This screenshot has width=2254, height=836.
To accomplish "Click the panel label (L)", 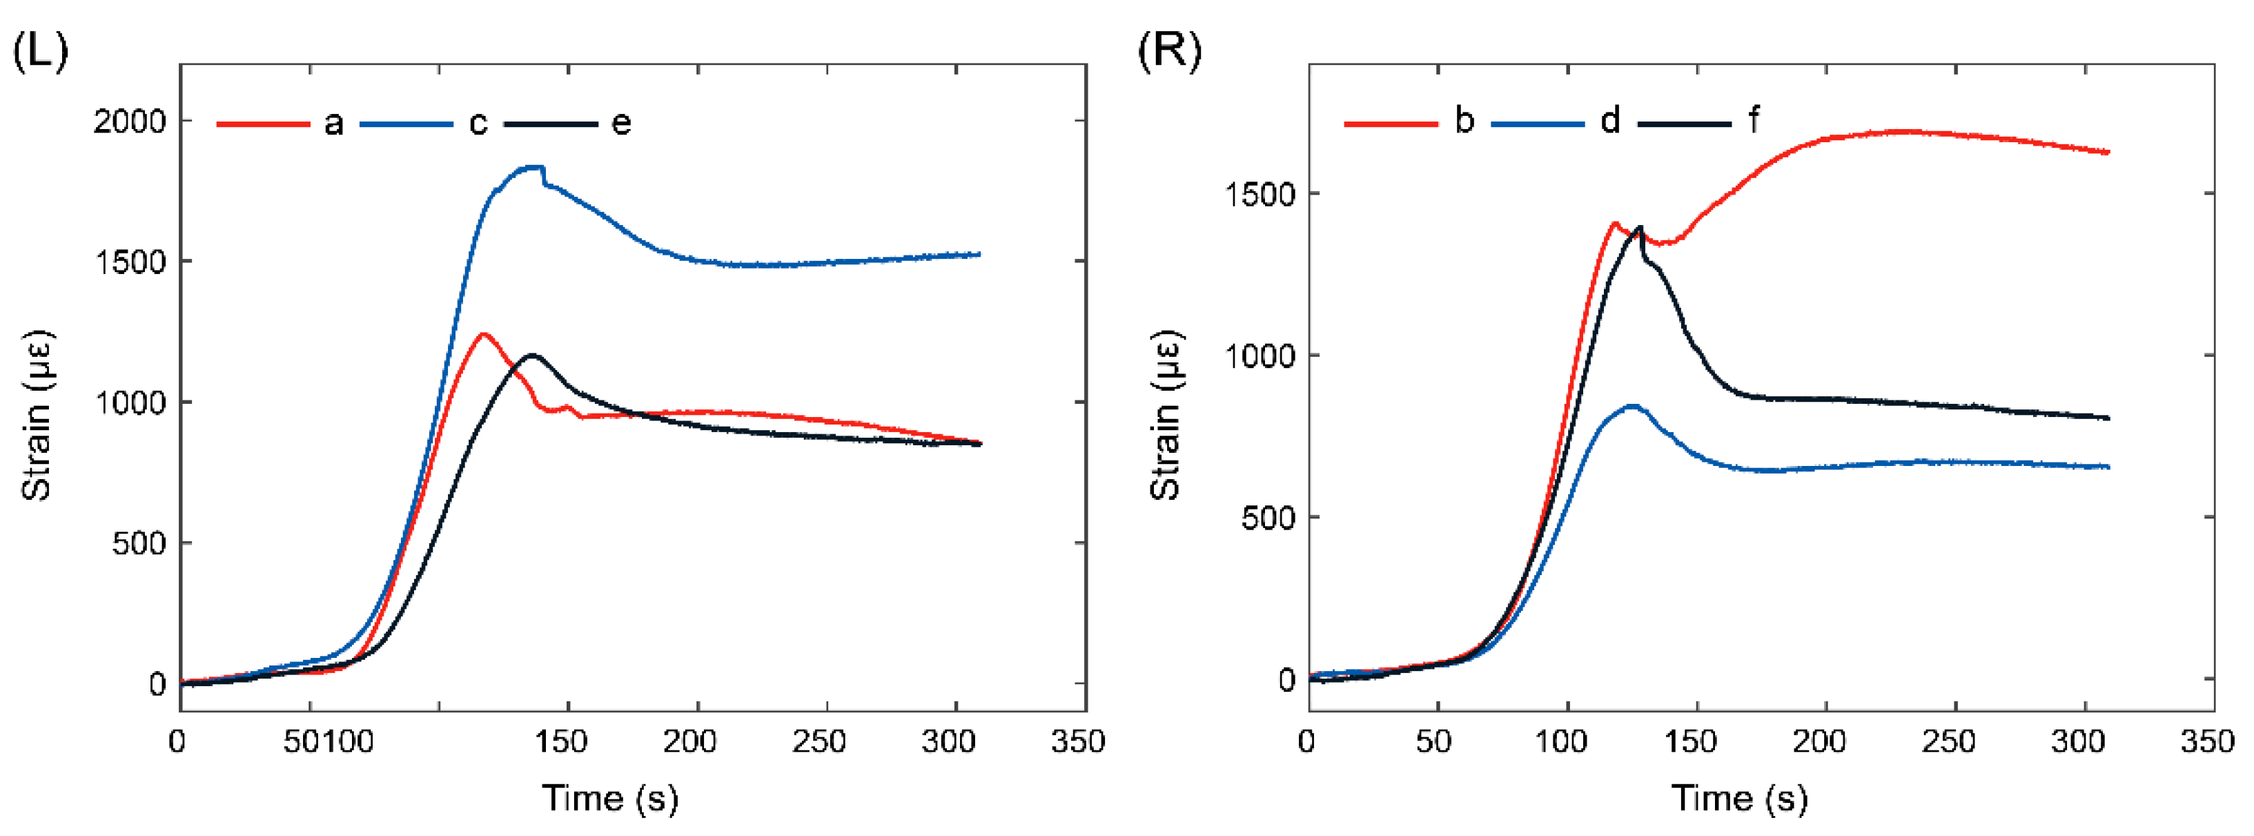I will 39,52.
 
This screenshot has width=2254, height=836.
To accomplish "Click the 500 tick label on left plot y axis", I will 138,543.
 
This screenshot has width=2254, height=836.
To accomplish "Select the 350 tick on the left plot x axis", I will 1077,742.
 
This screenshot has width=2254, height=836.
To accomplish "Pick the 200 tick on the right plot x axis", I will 1819,742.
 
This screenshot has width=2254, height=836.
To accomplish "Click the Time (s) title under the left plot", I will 610,797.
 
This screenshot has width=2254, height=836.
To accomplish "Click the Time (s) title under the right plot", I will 1739,797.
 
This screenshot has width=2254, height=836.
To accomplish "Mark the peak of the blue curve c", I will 533,167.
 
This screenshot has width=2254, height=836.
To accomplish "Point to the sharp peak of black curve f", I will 1640,226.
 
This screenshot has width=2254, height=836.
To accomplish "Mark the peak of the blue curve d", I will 1631,406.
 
